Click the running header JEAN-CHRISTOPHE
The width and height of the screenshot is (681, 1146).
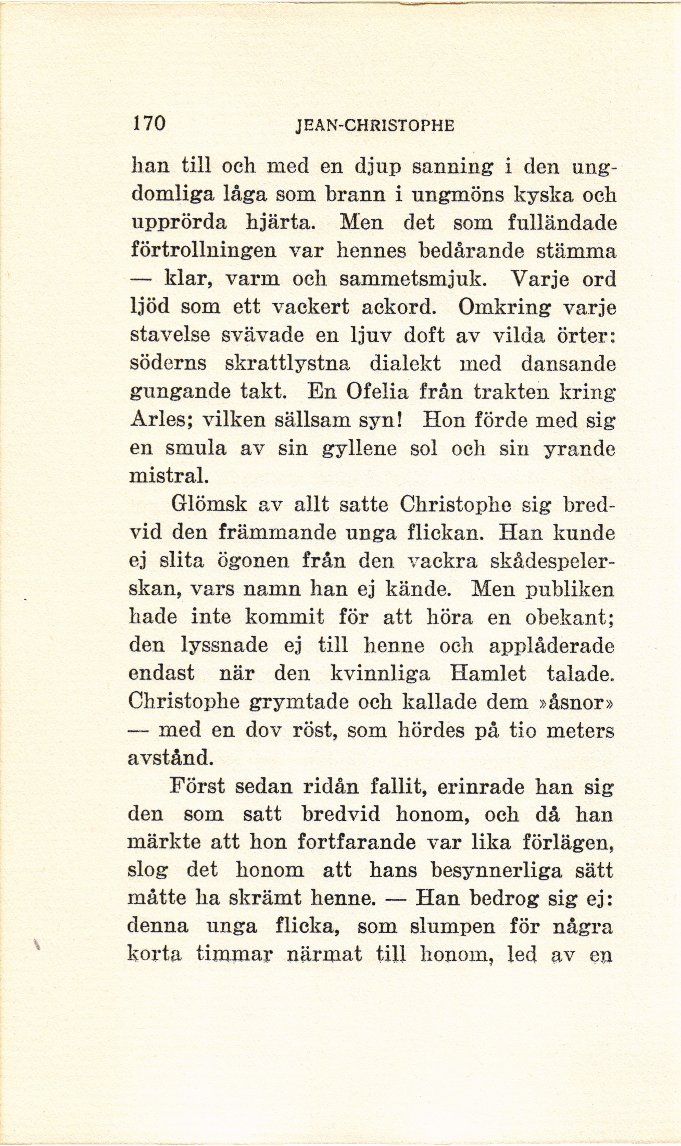(374, 126)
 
